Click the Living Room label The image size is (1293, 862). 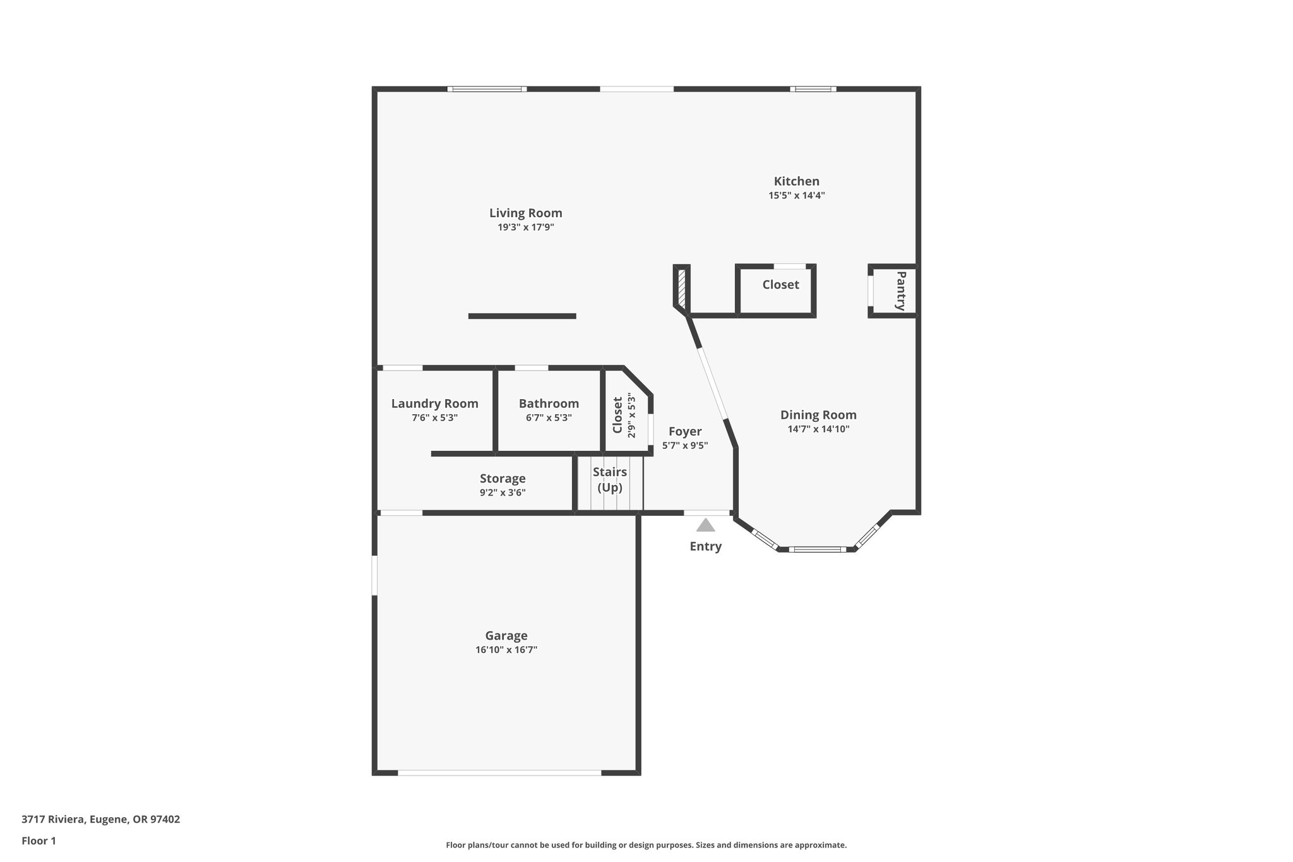[x=525, y=213]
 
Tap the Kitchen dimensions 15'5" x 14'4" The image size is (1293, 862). [x=796, y=196]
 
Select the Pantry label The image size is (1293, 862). [x=901, y=290]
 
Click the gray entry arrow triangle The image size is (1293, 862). [x=705, y=525]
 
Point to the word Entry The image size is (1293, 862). [x=705, y=546]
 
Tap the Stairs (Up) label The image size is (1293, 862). [x=610, y=479]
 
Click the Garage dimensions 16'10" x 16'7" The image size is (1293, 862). [x=506, y=650]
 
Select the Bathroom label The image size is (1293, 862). [x=549, y=404]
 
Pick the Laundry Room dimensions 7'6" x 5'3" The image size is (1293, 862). [x=434, y=417]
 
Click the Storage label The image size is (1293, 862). [x=503, y=479]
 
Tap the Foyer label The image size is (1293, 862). [x=685, y=431]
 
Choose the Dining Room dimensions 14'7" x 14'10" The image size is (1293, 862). [x=818, y=429]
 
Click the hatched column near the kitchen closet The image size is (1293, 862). [x=682, y=289]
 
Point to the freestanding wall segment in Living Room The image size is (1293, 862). [x=522, y=316]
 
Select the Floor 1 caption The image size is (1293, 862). [x=39, y=841]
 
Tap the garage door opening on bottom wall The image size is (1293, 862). [x=499, y=772]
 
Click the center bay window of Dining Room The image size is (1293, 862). [x=817, y=549]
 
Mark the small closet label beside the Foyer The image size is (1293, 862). [x=617, y=414]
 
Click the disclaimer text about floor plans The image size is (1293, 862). [x=646, y=845]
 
